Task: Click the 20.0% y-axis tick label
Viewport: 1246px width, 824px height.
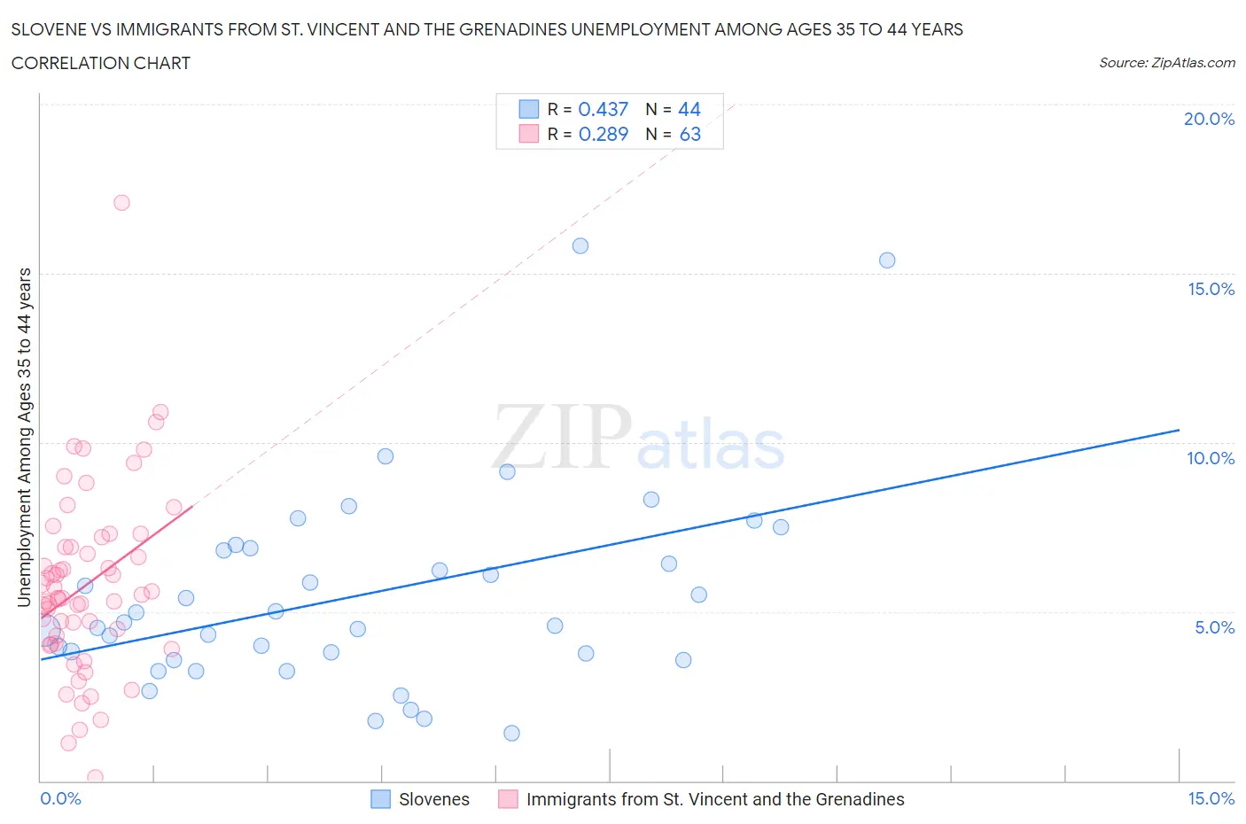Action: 1209,119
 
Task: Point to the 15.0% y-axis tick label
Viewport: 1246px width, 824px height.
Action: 1211,289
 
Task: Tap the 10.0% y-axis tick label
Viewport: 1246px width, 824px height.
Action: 1211,458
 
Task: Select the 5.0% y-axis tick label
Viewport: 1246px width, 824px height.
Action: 1214,627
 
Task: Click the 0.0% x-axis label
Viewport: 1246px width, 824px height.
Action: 60,798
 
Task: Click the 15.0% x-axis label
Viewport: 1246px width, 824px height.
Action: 1211,798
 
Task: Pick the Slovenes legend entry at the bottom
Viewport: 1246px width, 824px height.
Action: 433,799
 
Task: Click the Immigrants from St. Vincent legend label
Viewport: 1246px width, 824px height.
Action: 714,799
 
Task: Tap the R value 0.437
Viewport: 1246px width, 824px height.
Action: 603,109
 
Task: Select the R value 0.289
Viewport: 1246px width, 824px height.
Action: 603,134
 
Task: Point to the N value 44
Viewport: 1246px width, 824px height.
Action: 689,109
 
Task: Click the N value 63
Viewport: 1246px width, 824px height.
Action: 689,134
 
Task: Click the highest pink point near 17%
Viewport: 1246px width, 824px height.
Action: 121,203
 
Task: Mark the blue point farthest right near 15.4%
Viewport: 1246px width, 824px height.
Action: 887,260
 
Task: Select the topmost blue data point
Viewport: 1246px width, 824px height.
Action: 580,246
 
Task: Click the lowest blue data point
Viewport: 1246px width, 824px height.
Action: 511,733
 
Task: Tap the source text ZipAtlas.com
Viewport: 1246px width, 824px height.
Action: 1166,62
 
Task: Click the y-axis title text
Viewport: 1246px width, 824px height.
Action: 24,438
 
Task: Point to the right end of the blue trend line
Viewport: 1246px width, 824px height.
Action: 1179,430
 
